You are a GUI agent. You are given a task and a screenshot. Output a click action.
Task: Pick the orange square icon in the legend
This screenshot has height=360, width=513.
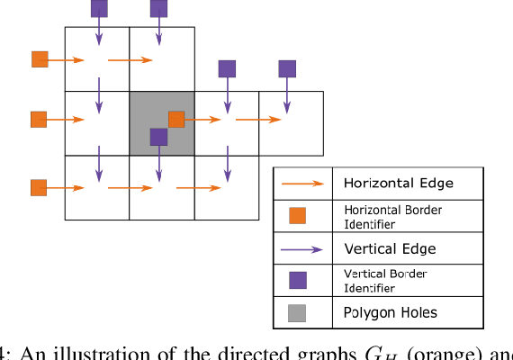296,215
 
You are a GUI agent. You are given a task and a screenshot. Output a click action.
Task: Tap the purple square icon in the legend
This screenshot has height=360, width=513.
296,280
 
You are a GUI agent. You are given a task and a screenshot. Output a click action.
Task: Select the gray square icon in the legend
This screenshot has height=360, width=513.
296,312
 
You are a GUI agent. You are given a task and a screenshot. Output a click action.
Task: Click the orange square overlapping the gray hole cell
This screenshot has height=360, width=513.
176,119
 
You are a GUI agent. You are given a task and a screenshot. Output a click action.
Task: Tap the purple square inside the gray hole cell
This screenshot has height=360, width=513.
158,137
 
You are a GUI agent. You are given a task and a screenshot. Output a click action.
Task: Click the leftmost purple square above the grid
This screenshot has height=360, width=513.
99,9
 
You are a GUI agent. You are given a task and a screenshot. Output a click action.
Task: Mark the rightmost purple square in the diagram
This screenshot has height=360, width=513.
287,68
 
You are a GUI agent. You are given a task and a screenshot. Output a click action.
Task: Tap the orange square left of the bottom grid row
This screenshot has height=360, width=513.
39,187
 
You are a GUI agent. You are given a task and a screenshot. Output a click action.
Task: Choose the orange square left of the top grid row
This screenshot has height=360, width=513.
40,59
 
